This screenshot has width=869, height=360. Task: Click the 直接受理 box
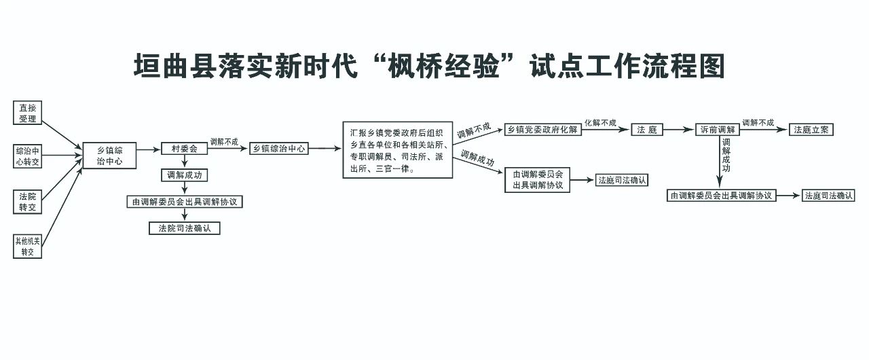(x=28, y=113)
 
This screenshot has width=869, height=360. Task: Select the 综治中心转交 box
(x=28, y=156)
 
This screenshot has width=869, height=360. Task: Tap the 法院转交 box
(x=28, y=202)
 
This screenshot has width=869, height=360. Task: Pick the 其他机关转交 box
(x=28, y=247)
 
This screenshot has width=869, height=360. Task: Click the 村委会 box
(x=184, y=149)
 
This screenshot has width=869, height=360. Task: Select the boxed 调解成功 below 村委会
(x=184, y=175)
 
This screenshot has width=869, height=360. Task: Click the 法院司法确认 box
(x=184, y=228)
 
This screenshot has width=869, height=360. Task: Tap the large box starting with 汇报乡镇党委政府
(x=398, y=149)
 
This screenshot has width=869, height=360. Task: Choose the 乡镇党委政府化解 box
(x=542, y=130)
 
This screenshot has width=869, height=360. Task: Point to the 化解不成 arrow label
(x=600, y=122)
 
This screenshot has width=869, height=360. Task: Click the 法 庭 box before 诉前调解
(x=647, y=130)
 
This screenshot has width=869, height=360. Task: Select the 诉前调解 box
(x=718, y=130)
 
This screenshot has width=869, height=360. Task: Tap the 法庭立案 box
(x=811, y=130)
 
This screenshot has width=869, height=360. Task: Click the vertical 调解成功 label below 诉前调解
(x=726, y=155)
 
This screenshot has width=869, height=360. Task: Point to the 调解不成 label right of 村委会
(x=224, y=141)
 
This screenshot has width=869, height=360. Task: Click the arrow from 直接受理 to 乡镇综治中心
(x=62, y=134)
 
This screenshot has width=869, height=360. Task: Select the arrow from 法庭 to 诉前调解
(x=678, y=130)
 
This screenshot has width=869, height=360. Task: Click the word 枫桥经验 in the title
(x=444, y=67)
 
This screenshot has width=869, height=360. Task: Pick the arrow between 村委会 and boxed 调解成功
(x=185, y=161)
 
